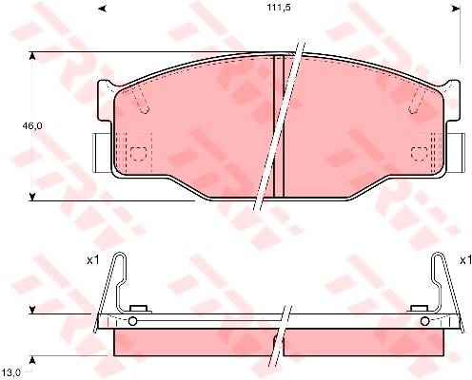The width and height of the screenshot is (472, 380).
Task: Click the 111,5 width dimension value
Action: click(x=279, y=9)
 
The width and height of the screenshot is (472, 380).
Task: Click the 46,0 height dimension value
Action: click(x=32, y=125)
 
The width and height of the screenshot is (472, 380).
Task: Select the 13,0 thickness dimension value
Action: click(x=12, y=373)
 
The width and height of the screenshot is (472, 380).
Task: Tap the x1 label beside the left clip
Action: click(x=93, y=260)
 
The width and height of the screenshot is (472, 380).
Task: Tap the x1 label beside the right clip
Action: click(x=465, y=260)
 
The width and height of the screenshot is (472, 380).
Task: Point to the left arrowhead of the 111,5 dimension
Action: click(x=102, y=9)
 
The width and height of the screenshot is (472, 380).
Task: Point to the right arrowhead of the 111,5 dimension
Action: click(x=456, y=9)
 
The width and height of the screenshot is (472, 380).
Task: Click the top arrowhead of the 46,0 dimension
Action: click(x=31, y=56)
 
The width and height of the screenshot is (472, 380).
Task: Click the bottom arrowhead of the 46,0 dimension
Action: click(x=31, y=197)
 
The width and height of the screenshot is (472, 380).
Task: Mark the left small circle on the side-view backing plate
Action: click(x=132, y=321)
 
